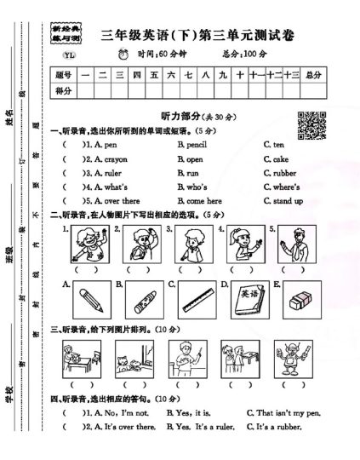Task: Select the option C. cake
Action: click(279, 159)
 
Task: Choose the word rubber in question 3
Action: click(285, 173)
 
